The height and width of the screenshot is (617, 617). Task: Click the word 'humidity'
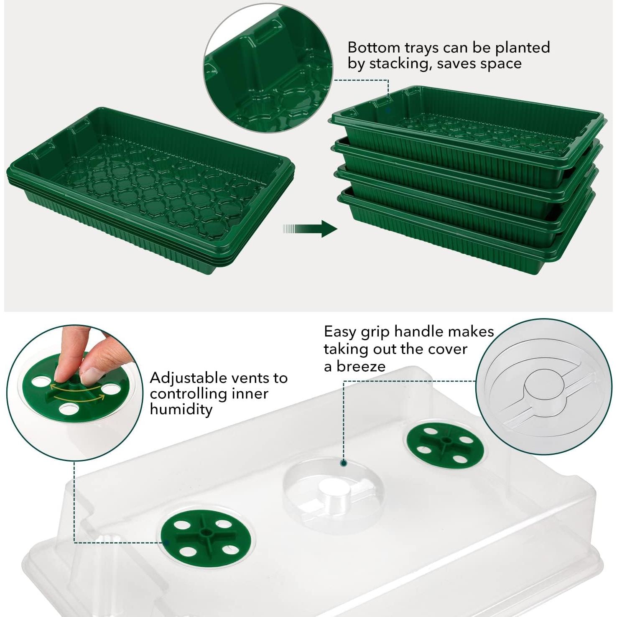coord(181,410)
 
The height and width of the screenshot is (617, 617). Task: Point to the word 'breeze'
coord(361,367)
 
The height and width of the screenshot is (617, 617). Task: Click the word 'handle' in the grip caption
coord(419,331)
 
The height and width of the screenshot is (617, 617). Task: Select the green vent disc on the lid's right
coord(444,444)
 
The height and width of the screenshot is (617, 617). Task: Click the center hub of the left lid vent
coord(206,533)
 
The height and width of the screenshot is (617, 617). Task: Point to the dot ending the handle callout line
coord(344,463)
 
